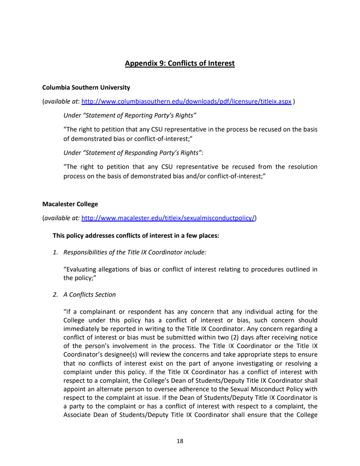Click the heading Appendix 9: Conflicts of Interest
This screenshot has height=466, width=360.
[180, 63]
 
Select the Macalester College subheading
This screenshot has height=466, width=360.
[70, 204]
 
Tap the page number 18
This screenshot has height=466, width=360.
[180, 441]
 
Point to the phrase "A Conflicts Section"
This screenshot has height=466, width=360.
[90, 294]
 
